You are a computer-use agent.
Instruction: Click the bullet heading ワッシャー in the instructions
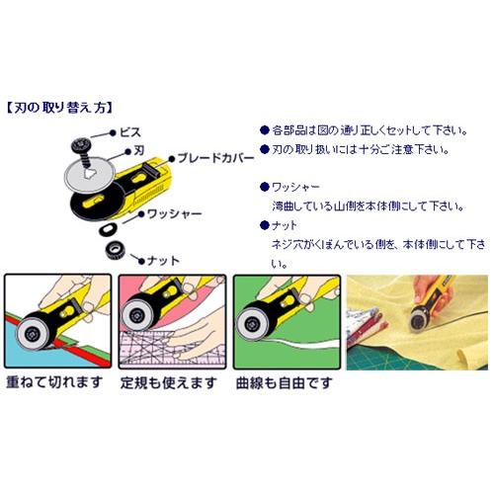pos(298,185)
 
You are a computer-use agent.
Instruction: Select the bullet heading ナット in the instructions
pos(287,223)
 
